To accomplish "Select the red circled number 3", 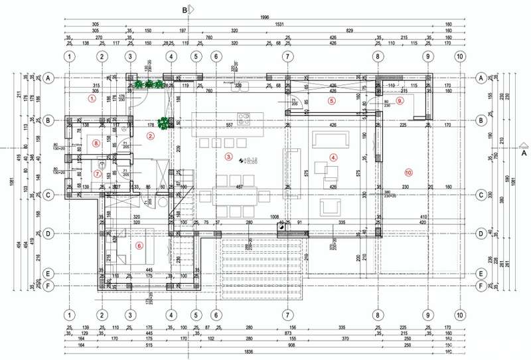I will click(229, 157).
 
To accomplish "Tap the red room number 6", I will click(139, 245).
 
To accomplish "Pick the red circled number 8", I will click(97, 142).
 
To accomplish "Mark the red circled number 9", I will click(400, 100).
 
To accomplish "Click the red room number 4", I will click(334, 157).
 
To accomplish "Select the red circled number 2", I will click(151, 136).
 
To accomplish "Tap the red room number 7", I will click(97, 174).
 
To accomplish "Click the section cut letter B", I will click(185, 9).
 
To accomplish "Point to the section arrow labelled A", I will click(523, 147).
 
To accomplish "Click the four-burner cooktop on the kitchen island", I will click(243, 120).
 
